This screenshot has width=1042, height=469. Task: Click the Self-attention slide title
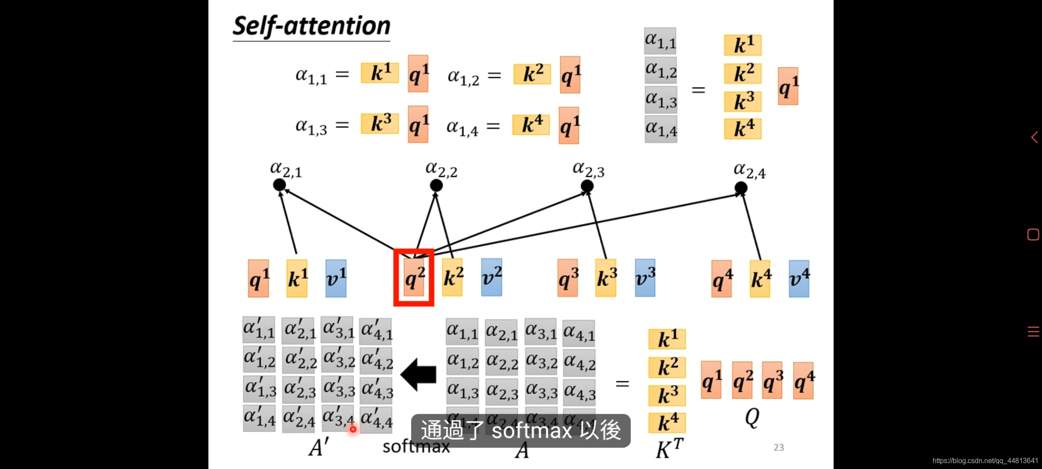[311, 26]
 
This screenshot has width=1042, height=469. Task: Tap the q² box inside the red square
[414, 277]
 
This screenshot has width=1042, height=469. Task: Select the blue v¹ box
[336, 278]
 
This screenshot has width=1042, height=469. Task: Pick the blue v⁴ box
[799, 279]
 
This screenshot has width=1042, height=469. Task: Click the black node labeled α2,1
[279, 185]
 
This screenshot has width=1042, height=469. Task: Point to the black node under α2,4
[741, 188]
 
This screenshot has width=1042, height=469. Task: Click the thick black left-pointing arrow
[419, 374]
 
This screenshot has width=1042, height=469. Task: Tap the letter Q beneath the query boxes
[752, 417]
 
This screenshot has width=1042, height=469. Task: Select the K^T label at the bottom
[669, 449]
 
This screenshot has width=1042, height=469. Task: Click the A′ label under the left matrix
[318, 447]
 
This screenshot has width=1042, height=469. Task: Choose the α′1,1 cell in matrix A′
[259, 330]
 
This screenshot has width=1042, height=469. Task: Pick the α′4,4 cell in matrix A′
[376, 419]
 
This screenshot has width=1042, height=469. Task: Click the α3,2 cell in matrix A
[541, 361]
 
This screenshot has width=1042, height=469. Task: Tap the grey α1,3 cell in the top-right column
[661, 100]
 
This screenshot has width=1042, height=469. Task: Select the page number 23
[778, 447]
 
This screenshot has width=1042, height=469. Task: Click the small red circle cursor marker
[353, 429]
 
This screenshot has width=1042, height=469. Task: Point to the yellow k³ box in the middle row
[606, 278]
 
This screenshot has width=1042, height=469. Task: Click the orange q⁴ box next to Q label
[804, 381]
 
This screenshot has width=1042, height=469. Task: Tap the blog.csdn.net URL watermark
[985, 461]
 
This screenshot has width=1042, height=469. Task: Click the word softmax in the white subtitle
[532, 431]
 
